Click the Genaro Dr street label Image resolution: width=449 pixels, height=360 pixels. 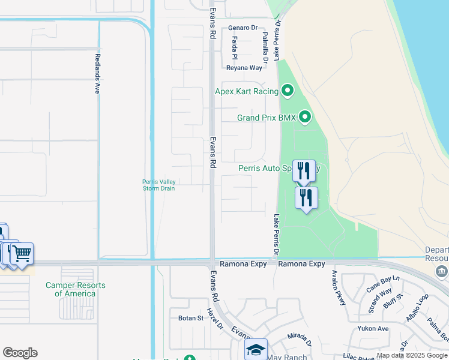(243, 28)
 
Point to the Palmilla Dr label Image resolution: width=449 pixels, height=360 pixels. (265, 46)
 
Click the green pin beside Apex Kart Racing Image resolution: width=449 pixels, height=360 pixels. (288, 91)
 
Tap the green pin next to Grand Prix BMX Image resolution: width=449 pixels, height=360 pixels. (305, 117)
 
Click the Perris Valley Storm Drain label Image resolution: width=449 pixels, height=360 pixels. (158, 185)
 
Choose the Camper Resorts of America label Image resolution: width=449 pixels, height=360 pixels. (75, 289)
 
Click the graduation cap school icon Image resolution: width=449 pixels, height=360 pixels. (256, 350)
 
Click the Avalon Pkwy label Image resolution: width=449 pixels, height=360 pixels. (339, 287)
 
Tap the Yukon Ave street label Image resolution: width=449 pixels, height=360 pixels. (373, 328)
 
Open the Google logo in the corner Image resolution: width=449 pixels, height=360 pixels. (20, 353)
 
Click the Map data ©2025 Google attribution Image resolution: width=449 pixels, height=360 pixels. (412, 356)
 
